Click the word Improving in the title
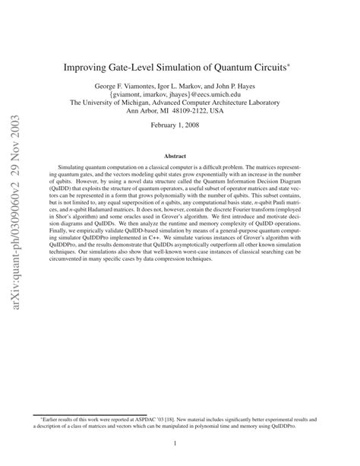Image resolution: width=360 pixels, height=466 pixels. click(91, 66)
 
